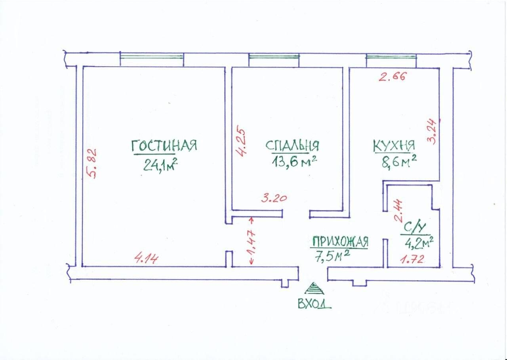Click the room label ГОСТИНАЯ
coord(164,146)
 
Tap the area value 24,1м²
coord(160,164)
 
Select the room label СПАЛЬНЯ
coord(292,146)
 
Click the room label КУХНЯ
coord(394,145)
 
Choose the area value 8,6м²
coord(399,162)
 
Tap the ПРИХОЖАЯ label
coord(340,241)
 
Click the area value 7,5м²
coord(332,257)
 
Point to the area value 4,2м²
coord(418,241)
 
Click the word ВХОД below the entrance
coord(314,304)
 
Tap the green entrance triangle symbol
coord(314,288)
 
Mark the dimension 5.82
coord(92,164)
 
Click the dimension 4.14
coord(147,259)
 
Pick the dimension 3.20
coord(274,198)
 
